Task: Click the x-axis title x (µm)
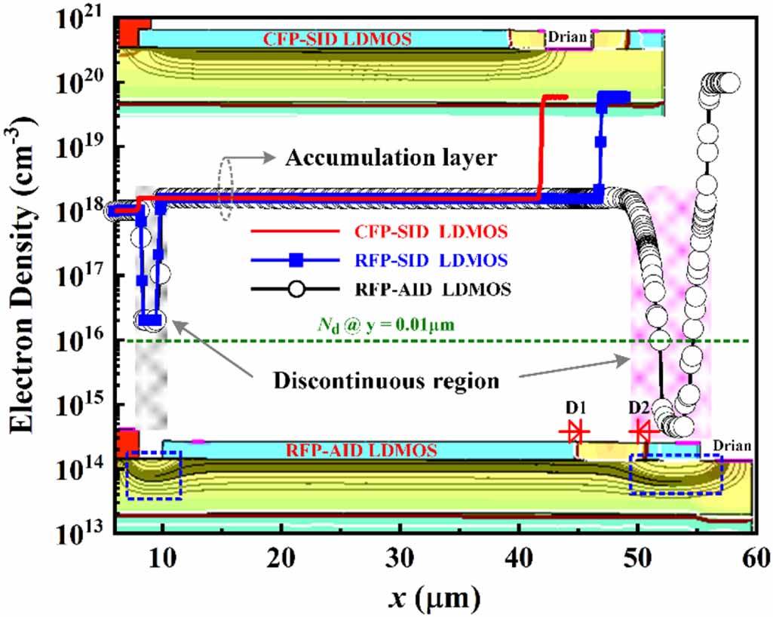434,597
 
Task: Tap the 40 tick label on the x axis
519,558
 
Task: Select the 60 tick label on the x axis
756,558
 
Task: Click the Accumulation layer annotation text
391,158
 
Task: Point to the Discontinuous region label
386,381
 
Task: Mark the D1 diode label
575,407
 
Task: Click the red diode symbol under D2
643,432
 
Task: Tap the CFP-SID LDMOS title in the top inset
337,39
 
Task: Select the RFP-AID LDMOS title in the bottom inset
361,450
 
